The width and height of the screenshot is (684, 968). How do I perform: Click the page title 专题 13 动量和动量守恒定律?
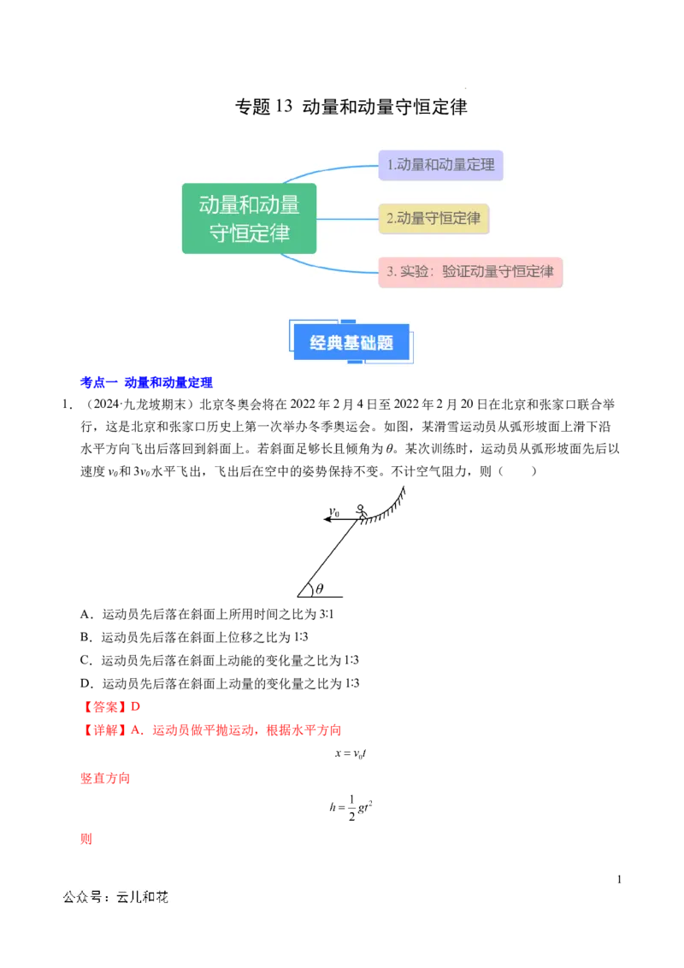click(x=351, y=107)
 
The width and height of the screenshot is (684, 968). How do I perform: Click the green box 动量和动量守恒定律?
click(x=250, y=219)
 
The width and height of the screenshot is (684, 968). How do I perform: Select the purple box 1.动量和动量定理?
click(x=441, y=165)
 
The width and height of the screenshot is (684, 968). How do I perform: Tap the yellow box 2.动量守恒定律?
click(x=433, y=219)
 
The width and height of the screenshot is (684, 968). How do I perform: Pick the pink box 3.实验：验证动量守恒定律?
click(x=470, y=272)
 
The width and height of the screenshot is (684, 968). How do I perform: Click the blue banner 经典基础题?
click(x=351, y=342)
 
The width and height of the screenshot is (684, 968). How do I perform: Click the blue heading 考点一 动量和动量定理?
click(x=146, y=383)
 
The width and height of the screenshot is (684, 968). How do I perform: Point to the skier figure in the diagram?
click(x=362, y=512)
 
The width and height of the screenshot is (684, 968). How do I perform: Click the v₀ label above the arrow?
click(x=334, y=511)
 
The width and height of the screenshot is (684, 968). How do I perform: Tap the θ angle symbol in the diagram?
click(x=319, y=588)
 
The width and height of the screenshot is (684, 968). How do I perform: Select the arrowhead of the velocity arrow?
click(x=327, y=520)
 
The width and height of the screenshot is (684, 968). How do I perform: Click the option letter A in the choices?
click(x=85, y=614)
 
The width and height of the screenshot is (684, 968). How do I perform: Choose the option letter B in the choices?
click(x=85, y=637)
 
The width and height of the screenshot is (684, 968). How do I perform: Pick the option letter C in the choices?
click(x=85, y=660)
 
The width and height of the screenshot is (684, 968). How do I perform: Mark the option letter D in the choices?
click(x=85, y=683)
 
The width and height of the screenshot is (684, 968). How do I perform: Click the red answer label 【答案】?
click(x=104, y=707)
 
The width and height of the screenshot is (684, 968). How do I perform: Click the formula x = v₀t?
click(x=351, y=753)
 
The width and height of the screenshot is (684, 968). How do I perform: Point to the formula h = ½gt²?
click(x=351, y=807)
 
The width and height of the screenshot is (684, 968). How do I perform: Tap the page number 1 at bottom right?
click(x=619, y=879)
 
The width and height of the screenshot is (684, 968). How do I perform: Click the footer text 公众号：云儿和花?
click(x=115, y=897)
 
